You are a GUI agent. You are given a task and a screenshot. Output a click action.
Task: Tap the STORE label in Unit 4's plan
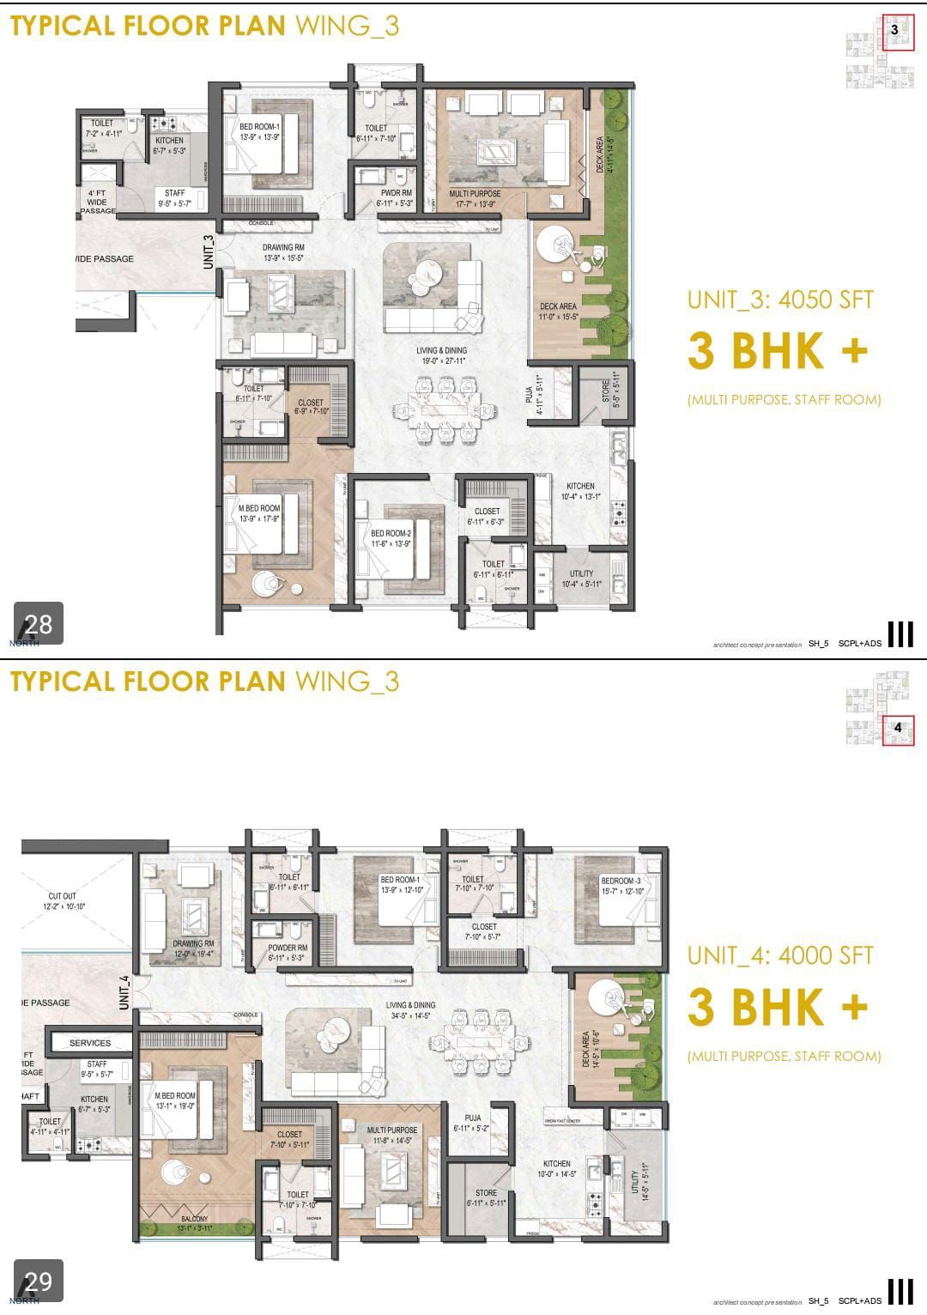pos(486,1193)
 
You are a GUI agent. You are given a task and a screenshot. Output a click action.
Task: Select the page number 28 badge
pos(39,623)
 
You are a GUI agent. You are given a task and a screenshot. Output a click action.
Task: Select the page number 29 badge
pos(39,1282)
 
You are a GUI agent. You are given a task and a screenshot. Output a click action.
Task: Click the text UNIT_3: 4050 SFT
pos(779,300)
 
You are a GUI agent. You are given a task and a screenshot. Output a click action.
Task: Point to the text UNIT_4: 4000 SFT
pos(779,955)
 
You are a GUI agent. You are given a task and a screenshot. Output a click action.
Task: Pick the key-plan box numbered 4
pos(898,728)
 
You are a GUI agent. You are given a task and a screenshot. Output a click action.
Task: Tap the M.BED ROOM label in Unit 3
pos(259,508)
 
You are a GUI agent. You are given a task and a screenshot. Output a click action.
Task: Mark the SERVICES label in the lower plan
pos(90,1043)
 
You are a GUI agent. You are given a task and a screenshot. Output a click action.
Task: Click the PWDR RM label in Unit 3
pos(397,193)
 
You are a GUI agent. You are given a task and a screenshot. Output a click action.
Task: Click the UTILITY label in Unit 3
pos(581,573)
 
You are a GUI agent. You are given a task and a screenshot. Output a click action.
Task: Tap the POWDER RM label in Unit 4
pos(288,948)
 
